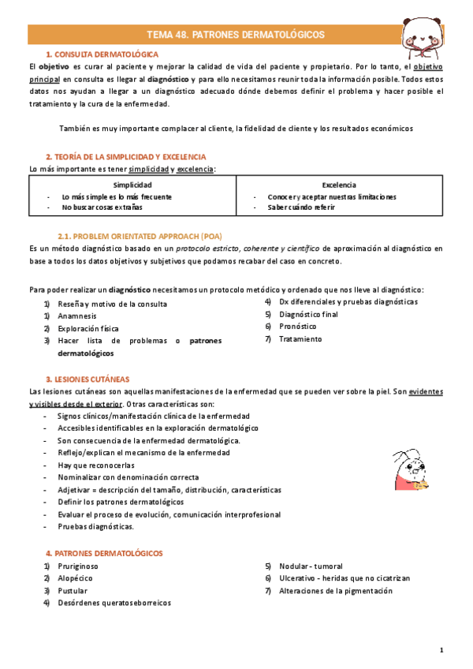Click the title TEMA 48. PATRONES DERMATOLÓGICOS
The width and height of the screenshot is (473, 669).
click(x=236, y=35)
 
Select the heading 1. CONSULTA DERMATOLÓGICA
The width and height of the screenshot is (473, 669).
click(x=102, y=54)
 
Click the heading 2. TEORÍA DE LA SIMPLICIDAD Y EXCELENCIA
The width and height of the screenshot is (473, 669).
click(x=114, y=157)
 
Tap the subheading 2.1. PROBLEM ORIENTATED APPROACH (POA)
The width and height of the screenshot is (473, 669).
click(x=140, y=236)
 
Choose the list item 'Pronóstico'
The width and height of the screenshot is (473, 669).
click(x=298, y=326)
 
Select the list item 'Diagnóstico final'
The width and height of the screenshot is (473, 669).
click(x=308, y=314)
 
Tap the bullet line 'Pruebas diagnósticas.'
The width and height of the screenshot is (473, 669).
click(x=95, y=526)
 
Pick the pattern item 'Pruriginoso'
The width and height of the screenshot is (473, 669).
click(x=79, y=566)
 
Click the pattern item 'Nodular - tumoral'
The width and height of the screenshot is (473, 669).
click(x=311, y=566)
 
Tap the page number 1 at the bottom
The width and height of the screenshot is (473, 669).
click(x=442, y=649)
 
